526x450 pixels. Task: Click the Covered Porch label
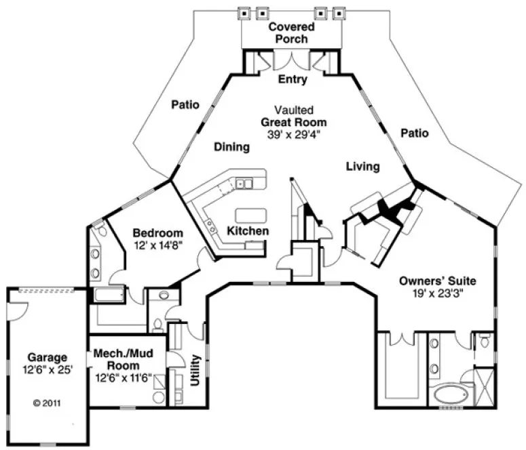click(x=291, y=33)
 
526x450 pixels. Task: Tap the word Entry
click(x=293, y=79)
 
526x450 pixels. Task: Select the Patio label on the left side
click(x=185, y=104)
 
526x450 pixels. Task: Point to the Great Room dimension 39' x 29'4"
click(x=294, y=134)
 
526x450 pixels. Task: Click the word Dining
click(x=231, y=146)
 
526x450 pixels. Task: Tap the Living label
click(x=362, y=166)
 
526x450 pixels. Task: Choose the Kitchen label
click(x=247, y=231)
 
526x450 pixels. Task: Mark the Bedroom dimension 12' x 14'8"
click(x=157, y=243)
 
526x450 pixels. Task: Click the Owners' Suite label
click(x=437, y=280)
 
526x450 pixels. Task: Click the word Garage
click(x=47, y=357)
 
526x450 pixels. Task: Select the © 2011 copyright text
click(x=47, y=402)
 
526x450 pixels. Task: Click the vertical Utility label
click(x=195, y=369)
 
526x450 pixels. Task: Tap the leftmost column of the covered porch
click(x=244, y=12)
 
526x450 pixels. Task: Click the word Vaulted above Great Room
click(x=293, y=110)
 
